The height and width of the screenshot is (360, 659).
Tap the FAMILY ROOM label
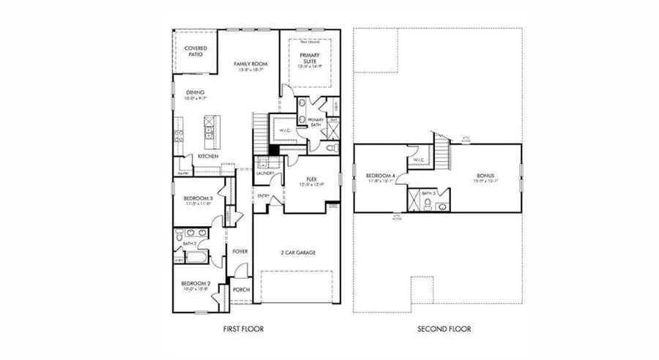250,64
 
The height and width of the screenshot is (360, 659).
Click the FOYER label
239,252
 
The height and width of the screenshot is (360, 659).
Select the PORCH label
240,290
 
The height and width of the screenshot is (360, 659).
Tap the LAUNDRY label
264,173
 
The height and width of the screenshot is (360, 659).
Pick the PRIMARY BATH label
316,122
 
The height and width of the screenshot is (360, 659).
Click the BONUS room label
485,176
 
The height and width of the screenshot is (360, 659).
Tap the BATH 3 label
430,192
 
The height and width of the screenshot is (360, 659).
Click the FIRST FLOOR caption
243,329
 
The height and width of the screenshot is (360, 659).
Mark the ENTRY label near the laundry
263,196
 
